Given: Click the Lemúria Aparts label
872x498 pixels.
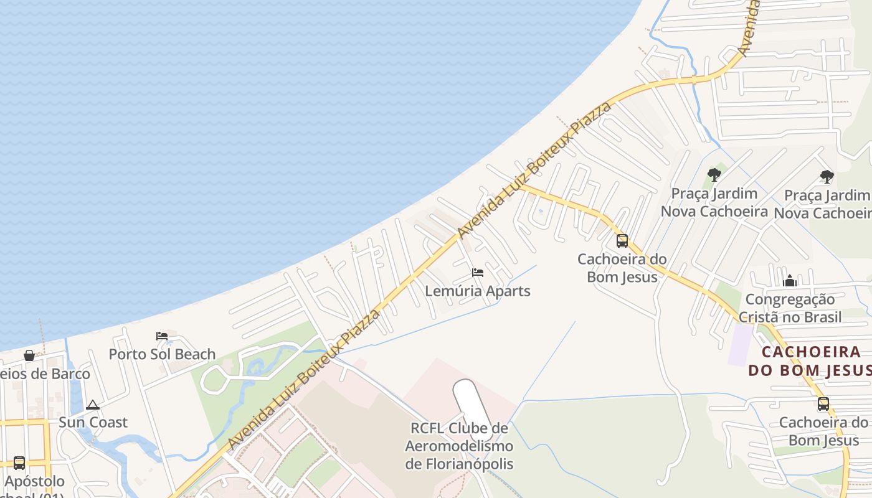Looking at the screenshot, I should (478, 291).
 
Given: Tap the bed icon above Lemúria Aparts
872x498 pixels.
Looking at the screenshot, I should (478, 273).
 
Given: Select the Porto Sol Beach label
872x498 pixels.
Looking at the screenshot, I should (162, 354).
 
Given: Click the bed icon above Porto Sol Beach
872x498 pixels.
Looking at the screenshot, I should (162, 336).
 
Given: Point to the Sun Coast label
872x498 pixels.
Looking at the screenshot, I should (93, 422).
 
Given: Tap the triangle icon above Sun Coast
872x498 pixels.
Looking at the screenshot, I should (93, 405).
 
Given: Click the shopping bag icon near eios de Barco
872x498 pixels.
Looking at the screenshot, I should (29, 355).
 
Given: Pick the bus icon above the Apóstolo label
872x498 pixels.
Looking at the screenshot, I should (19, 463).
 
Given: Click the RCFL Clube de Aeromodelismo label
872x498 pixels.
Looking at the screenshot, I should (459, 446).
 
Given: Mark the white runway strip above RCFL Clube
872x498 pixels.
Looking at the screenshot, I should (472, 402).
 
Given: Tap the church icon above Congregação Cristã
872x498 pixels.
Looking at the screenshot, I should (790, 281).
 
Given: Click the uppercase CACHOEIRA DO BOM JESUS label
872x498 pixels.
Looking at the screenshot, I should (811, 361).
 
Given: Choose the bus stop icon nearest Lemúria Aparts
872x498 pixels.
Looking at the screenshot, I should (622, 240).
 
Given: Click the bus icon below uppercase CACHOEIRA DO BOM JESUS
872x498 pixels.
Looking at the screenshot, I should (823, 403).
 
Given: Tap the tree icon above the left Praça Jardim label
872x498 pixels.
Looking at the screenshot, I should (714, 175).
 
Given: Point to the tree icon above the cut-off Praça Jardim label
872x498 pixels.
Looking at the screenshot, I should (827, 177).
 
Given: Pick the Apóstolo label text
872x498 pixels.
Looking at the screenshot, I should (34, 481).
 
